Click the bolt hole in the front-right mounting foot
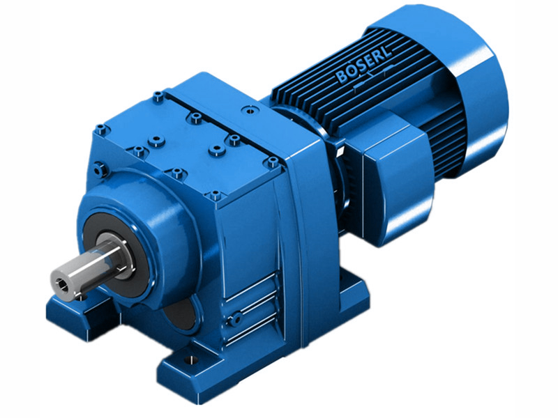[x=187, y=362]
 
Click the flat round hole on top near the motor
[x=248, y=110]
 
